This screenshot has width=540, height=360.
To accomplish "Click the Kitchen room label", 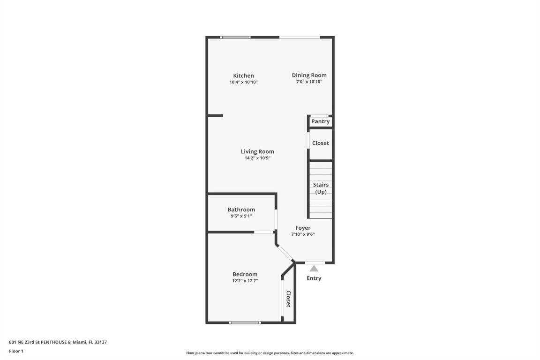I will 244,75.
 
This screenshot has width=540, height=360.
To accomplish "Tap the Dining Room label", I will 309,75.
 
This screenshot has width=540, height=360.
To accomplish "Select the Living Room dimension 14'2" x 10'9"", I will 257,158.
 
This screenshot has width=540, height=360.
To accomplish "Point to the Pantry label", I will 321,121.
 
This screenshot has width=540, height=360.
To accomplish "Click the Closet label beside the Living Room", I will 321,143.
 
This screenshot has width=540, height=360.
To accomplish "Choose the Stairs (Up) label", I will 321,188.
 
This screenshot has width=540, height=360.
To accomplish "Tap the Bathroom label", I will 241,210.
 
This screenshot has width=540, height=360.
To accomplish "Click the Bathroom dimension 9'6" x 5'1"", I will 241,216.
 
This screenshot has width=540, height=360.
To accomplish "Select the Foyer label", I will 303,228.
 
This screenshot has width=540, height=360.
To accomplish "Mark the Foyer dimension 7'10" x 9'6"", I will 303,234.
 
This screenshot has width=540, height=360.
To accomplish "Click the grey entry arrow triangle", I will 314,268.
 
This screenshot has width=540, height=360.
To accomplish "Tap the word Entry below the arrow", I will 314,278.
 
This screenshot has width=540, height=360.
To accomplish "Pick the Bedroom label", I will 245,274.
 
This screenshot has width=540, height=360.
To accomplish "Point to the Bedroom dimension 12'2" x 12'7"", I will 245,281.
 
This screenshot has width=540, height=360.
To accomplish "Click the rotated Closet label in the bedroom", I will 289,299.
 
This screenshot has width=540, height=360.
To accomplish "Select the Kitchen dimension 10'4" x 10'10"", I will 244,82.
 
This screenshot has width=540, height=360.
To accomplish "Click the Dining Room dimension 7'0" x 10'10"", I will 309,82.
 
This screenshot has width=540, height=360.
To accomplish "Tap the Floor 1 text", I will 16,351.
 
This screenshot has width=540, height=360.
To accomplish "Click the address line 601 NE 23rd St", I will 58,342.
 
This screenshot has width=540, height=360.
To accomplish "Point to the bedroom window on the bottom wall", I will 245,322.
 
